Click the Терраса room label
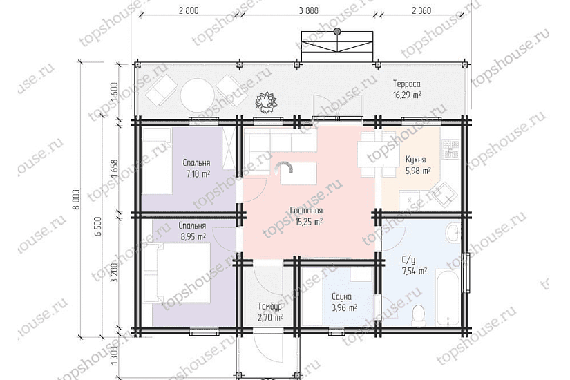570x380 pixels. pos(407,84)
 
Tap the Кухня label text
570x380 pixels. pos(415,160)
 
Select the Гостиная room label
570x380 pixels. pos(306,211)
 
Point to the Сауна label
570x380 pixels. pos(342,296)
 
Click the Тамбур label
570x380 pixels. pos(269,307)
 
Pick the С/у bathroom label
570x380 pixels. pos(408,260)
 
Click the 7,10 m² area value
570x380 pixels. pos(198,174)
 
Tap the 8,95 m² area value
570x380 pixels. pos(193,237)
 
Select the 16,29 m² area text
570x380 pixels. pos(407,95)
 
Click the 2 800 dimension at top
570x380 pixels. pos(189,10)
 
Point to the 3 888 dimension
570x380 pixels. pos(309,10)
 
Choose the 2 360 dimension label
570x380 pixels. pos(421,10)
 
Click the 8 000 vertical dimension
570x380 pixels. pos(76,199)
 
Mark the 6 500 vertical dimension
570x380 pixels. pos(98,226)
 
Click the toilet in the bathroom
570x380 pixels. pos(419,315)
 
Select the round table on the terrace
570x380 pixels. pos(198,94)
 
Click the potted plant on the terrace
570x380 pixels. pos(267,102)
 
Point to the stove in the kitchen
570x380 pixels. pos(450,149)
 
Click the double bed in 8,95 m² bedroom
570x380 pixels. pos(177,273)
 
